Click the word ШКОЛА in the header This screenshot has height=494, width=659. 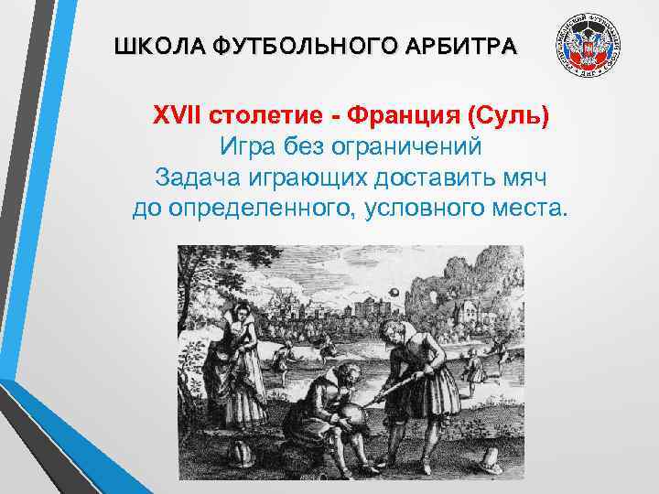click(x=146, y=46)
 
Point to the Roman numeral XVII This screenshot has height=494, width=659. click(x=177, y=117)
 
